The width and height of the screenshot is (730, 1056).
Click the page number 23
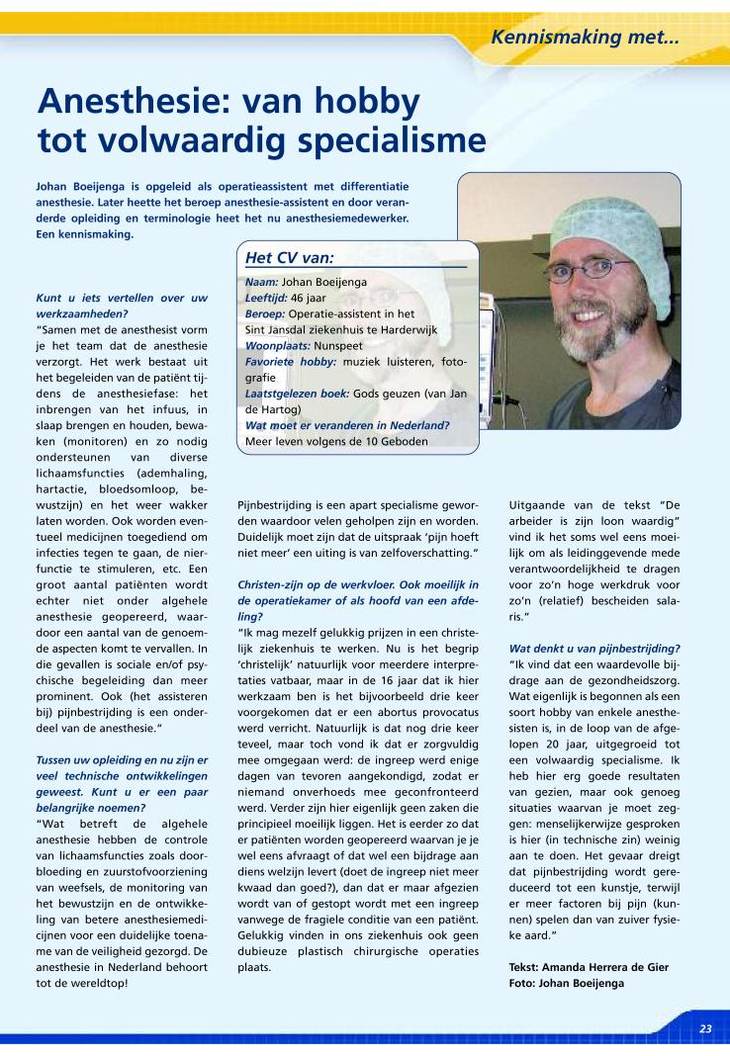point(705,1028)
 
